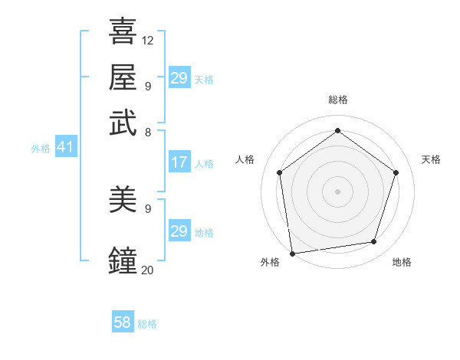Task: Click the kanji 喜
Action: (123, 31)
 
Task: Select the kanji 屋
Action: (123, 77)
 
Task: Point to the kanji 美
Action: (123, 200)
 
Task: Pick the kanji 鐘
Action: (123, 260)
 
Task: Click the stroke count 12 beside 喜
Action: (148, 40)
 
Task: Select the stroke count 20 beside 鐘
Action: (148, 269)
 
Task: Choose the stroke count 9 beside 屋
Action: (148, 86)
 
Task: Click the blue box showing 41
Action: (65, 147)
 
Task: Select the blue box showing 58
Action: (123, 322)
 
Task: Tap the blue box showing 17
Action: (179, 162)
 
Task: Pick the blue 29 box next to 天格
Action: (179, 77)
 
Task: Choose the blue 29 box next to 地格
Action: (179, 231)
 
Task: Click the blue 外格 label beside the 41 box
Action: (41, 149)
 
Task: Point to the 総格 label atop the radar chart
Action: (337, 100)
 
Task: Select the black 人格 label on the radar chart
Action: (245, 159)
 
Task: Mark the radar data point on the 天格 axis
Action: (396, 172)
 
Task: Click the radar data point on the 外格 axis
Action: (292, 253)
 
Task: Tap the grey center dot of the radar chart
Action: (337, 191)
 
